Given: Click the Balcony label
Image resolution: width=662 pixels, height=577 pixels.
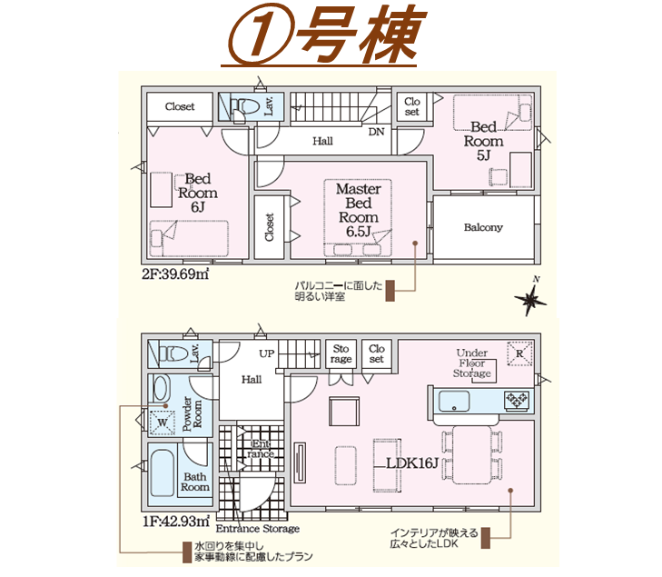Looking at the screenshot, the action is click(483, 227).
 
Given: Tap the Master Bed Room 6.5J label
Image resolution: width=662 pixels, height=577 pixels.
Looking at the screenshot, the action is click(359, 210).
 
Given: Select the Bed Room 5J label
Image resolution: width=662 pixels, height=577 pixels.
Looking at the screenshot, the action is click(484, 141).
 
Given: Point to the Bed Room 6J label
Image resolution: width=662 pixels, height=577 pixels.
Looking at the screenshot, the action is click(198, 193).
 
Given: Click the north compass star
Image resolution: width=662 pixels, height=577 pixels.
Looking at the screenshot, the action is click(530, 300).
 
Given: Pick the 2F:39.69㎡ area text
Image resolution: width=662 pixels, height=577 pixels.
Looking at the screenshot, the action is click(175, 274).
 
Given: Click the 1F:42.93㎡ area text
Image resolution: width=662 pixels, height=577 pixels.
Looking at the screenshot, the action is click(176, 522).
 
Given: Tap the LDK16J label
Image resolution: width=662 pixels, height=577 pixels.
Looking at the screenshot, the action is click(412, 463).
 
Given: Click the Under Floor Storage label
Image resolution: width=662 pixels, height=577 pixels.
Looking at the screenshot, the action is click(472, 363).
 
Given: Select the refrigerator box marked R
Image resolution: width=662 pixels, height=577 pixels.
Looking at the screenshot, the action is click(519, 354).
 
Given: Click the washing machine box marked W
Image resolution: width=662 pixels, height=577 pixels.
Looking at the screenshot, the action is click(163, 423).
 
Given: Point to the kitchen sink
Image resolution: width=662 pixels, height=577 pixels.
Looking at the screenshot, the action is click(454, 401).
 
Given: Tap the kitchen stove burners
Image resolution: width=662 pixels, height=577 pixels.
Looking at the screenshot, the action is click(517, 401).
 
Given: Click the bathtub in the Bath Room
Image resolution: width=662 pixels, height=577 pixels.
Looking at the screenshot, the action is click(163, 473).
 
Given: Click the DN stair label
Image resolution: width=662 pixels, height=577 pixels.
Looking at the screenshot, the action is click(377, 132).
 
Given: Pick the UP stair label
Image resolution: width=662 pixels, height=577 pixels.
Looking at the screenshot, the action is click(267, 353).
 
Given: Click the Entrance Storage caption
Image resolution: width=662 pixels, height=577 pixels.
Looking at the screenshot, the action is click(258, 529).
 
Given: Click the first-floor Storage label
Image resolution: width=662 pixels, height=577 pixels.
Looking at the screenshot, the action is click(341, 354).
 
